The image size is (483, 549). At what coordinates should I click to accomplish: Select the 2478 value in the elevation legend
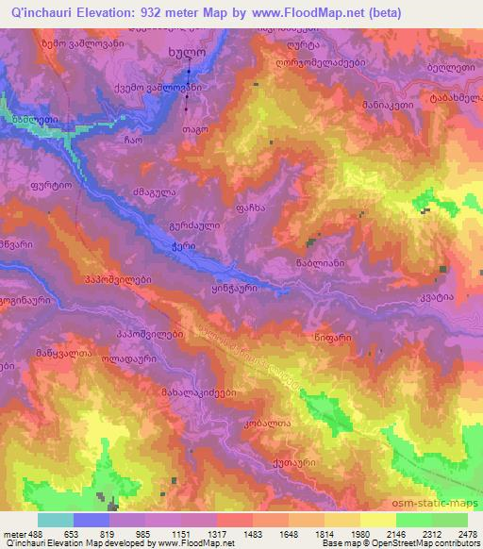tap(467, 532)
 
